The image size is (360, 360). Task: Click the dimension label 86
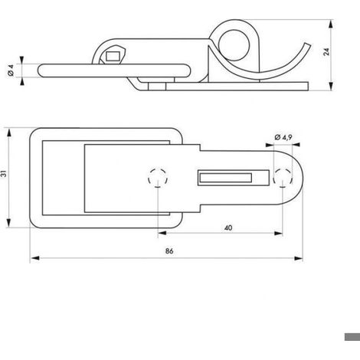(x=169, y=251)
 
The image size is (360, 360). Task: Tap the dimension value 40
(x=228, y=227)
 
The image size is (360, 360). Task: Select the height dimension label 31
(x=4, y=173)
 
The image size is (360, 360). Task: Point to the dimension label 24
(x=326, y=52)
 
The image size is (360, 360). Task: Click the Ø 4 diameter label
(x=11, y=70)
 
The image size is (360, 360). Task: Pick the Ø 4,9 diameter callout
(x=283, y=137)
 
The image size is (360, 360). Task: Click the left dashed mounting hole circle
(x=158, y=178)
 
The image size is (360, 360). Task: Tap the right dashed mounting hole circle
(x=283, y=178)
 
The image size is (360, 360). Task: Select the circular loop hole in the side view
(x=234, y=45)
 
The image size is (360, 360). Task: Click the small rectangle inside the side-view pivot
(x=113, y=57)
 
